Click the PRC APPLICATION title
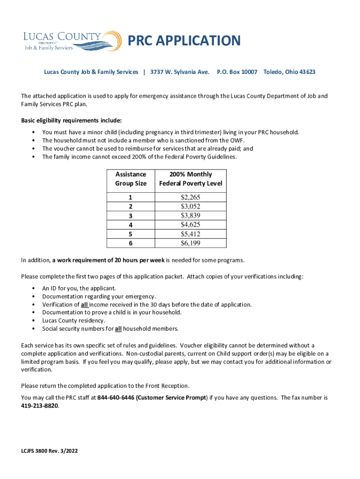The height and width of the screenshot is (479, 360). point(184,41)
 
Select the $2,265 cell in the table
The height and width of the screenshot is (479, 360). point(190,197)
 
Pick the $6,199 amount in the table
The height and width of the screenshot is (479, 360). point(190,243)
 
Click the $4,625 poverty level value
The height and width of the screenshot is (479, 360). point(190,225)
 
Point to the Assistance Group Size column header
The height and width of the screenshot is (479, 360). point(131,179)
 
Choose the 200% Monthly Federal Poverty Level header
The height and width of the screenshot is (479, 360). point(191,179)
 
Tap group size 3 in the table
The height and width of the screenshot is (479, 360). point(131,216)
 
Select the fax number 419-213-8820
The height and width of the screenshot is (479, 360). point(40,406)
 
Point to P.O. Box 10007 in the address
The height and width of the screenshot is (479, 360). point(237,72)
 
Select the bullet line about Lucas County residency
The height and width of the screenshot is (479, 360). point(73,320)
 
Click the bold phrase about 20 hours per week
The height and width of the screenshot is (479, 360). point(108,260)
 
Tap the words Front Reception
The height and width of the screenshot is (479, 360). point(168,386)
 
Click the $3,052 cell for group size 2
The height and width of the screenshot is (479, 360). point(190,206)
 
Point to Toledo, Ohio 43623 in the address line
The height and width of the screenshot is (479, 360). point(289,72)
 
